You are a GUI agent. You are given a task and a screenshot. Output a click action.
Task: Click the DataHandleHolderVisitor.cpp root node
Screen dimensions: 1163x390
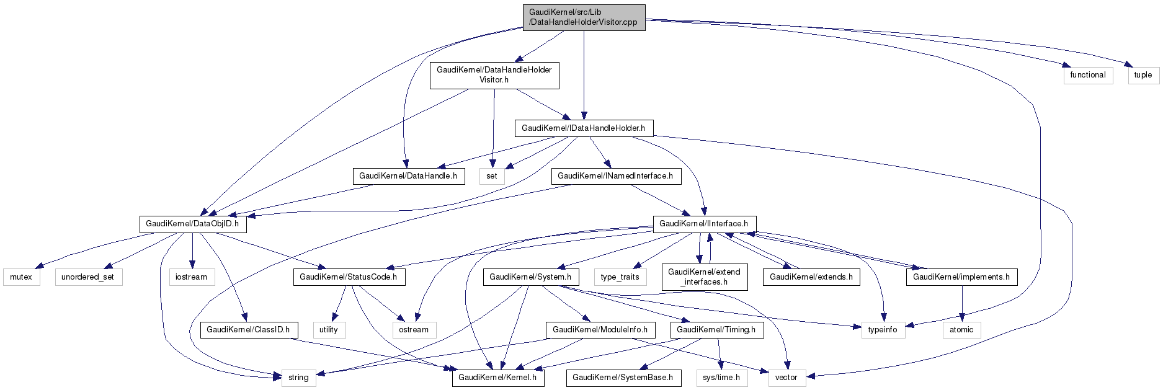[584, 17]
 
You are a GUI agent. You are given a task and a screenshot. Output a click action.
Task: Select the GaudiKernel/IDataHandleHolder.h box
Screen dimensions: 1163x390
[583, 128]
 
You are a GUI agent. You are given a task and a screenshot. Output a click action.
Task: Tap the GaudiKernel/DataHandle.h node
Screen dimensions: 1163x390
[408, 176]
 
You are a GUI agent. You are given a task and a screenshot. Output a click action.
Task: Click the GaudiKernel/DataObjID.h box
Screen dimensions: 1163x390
[192, 224]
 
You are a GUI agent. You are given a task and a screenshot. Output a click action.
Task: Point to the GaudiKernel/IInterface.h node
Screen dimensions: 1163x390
[703, 224]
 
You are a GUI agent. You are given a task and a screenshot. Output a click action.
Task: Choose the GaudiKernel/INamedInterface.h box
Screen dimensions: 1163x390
[615, 176]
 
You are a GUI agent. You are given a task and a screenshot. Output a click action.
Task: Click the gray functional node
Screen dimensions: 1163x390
[1088, 75]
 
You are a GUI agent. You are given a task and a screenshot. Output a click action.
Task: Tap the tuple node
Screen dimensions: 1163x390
[1143, 75]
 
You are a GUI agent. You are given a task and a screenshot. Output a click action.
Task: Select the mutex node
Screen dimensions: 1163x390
[21, 277]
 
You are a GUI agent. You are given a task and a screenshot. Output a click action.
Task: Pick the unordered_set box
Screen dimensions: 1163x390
[88, 277]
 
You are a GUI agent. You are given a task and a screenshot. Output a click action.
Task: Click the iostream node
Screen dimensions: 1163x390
[191, 277]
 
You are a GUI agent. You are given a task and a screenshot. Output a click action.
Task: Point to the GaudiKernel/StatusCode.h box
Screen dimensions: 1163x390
[349, 277]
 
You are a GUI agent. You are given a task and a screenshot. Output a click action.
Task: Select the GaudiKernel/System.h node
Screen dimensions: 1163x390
[530, 277]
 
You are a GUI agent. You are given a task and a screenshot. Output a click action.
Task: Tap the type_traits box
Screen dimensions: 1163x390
[620, 277]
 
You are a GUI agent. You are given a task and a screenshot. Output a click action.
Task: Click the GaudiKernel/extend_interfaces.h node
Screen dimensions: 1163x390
[705, 277]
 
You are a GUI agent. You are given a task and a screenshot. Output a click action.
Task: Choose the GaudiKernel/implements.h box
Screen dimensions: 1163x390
[961, 277]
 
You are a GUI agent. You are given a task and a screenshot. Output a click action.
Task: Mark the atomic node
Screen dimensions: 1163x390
[961, 330]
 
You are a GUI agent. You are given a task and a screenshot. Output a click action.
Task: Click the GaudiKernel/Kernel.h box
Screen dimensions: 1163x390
[498, 378]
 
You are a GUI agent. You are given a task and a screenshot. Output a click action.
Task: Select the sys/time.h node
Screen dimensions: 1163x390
[721, 378]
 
